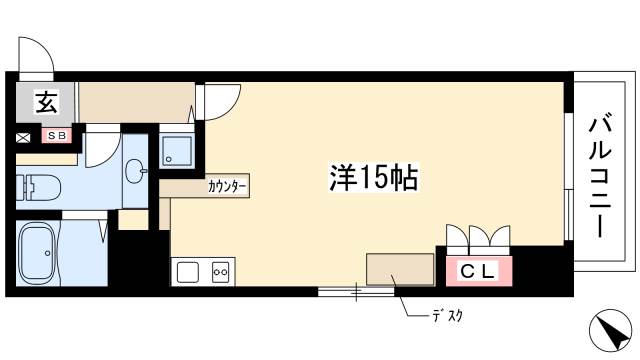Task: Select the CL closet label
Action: [477, 269]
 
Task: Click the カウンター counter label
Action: [227, 186]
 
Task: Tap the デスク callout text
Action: [446, 317]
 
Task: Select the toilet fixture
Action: [40, 187]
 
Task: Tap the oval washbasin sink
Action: [133, 172]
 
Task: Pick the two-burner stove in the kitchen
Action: [220, 271]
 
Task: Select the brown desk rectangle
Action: [400, 269]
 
